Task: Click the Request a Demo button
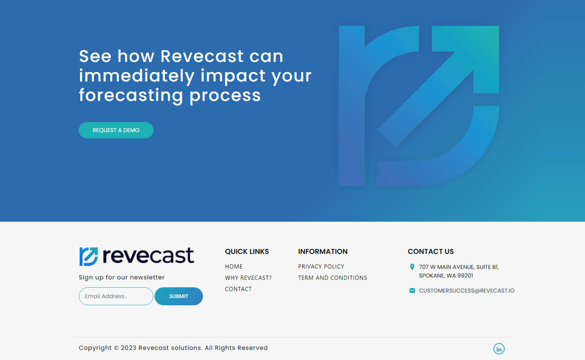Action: (x=116, y=130)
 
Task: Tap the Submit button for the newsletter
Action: (x=179, y=296)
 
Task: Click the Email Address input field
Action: (x=116, y=296)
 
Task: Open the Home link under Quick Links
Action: (x=234, y=266)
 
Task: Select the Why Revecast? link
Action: (x=248, y=278)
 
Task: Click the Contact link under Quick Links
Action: (x=238, y=289)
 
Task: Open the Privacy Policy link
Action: (x=321, y=266)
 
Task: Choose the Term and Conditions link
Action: (x=333, y=278)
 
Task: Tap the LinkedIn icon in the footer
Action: (x=499, y=349)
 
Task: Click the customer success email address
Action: (x=467, y=291)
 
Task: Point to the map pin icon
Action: (x=412, y=267)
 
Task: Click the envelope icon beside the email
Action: (x=412, y=291)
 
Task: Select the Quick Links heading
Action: (x=247, y=251)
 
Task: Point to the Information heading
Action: (x=323, y=251)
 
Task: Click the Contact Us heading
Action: (x=431, y=251)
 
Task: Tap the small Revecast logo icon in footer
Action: (x=89, y=256)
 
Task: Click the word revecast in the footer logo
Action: (x=148, y=255)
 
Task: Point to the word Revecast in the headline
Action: (x=202, y=56)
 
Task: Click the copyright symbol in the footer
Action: (x=116, y=348)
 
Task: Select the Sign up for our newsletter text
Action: (x=121, y=277)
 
